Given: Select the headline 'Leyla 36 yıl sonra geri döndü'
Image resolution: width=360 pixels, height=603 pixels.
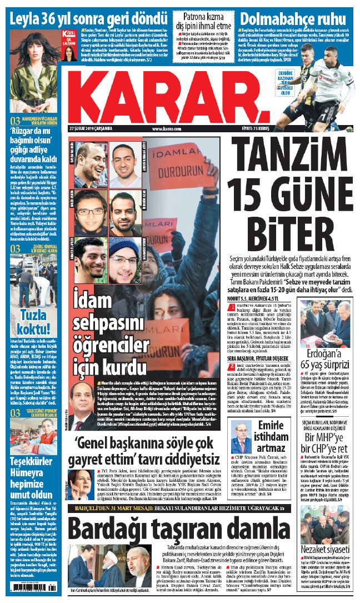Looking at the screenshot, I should (89, 14).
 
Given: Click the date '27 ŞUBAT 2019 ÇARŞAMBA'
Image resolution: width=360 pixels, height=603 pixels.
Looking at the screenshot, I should (91, 129).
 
